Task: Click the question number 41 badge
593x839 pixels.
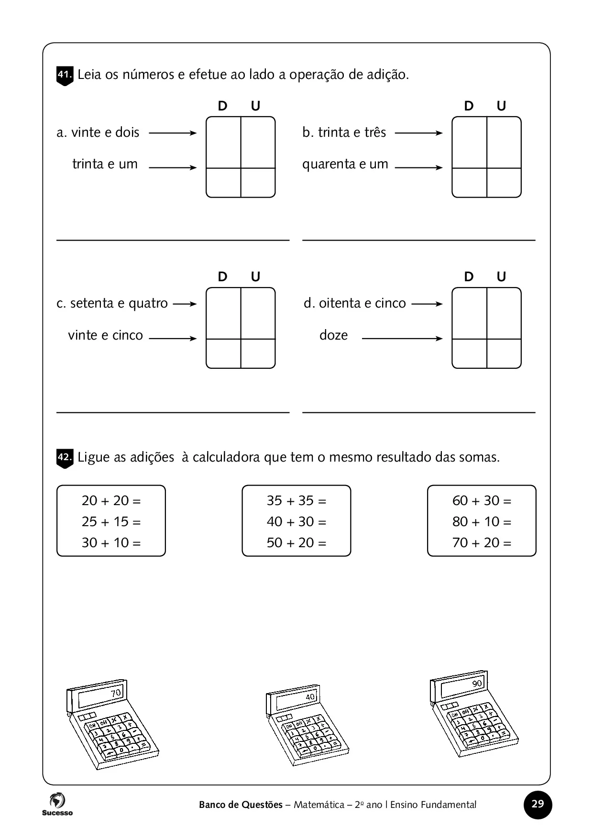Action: click(x=65, y=76)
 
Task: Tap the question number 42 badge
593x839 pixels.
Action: click(x=65, y=458)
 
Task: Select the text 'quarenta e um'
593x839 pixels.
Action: click(x=345, y=165)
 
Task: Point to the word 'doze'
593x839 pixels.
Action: click(x=333, y=335)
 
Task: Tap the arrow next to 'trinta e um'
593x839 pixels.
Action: click(x=173, y=167)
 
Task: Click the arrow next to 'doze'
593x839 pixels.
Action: click(x=402, y=339)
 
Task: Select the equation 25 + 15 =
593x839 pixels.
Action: click(x=111, y=521)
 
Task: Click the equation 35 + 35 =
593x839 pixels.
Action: click(x=296, y=500)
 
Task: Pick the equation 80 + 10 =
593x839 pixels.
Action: click(x=482, y=521)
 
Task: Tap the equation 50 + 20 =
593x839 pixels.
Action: click(x=296, y=542)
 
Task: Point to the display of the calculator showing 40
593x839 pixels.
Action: click(x=296, y=699)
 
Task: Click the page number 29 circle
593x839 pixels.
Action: click(x=538, y=804)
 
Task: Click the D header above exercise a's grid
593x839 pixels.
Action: click(x=222, y=106)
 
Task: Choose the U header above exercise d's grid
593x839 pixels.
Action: click(x=501, y=277)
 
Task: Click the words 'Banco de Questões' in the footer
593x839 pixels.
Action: click(x=241, y=805)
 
